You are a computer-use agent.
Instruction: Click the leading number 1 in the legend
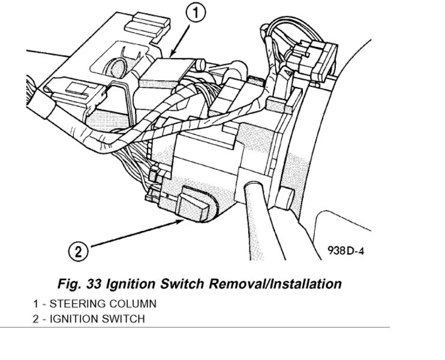coord(36,304)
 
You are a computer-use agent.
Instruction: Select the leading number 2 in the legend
coord(36,319)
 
